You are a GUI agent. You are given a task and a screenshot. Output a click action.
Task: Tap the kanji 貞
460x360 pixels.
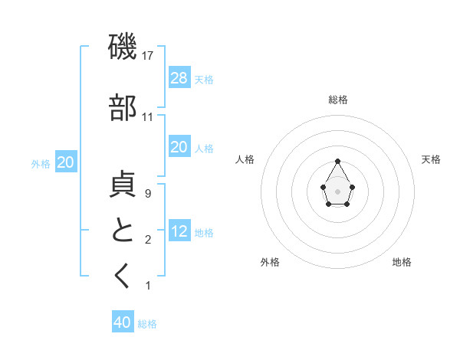(123, 186)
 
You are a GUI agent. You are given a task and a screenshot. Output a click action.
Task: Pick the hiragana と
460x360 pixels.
(123, 231)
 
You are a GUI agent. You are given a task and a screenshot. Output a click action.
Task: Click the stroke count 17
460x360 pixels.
(149, 56)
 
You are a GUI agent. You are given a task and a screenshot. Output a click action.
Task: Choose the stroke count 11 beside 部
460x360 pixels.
(148, 117)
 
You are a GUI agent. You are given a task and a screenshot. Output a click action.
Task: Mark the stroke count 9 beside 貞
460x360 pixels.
(148, 195)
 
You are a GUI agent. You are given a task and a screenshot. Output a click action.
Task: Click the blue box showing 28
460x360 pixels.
(179, 77)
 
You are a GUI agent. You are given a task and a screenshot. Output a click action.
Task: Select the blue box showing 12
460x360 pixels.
(179, 231)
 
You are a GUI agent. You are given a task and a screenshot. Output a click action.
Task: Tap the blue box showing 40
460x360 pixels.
(123, 322)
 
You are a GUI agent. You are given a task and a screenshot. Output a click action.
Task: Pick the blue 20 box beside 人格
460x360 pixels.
(179, 147)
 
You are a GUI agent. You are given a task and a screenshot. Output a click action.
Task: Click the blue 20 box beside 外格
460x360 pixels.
(66, 162)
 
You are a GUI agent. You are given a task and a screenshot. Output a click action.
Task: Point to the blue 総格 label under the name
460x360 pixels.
(147, 324)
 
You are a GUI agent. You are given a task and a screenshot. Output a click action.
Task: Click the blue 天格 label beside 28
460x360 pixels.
(204, 79)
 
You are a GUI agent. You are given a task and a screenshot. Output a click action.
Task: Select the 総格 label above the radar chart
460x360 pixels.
(338, 100)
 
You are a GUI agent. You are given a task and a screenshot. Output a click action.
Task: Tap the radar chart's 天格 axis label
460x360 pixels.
(431, 159)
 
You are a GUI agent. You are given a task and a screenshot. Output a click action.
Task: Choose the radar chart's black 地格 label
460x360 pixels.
(402, 262)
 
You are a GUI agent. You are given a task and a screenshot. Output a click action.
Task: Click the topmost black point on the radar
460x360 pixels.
(337, 161)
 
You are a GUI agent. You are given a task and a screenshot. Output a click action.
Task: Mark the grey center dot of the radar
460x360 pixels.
(337, 190)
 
